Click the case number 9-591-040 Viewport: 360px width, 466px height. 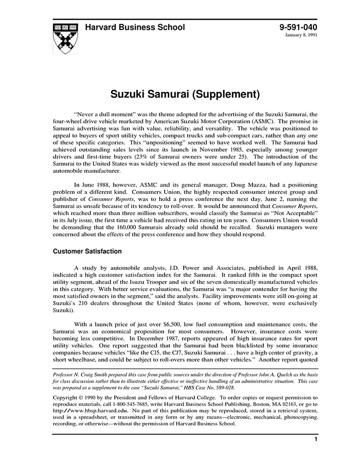point(298,27)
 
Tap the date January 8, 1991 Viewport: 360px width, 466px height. point(302,35)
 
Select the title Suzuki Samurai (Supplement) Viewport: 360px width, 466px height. point(180,95)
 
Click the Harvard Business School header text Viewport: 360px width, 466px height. point(135,27)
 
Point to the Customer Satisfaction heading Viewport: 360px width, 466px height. point(87,252)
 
